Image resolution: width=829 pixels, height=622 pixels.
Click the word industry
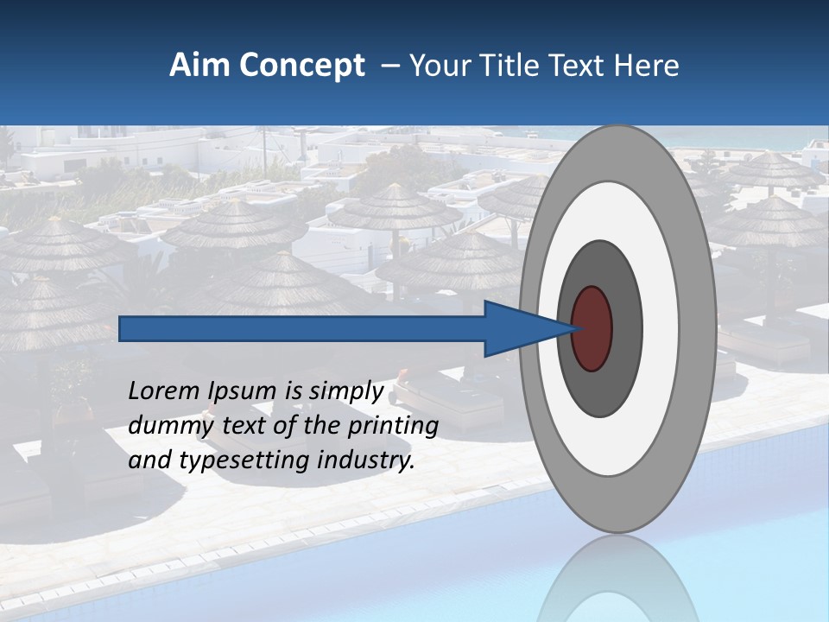[x=366, y=460]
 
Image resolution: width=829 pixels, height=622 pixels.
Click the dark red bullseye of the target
[x=592, y=328]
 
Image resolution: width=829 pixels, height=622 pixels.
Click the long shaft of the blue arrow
[x=302, y=328]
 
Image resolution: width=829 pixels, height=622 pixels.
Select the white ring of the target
[x=660, y=328]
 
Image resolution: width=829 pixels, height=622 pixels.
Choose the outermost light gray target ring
[x=698, y=328]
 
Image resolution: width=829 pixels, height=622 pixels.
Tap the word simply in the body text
[x=345, y=391]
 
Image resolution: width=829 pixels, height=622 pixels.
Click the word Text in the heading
[x=581, y=66]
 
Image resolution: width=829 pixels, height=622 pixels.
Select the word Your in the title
[x=436, y=66]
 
